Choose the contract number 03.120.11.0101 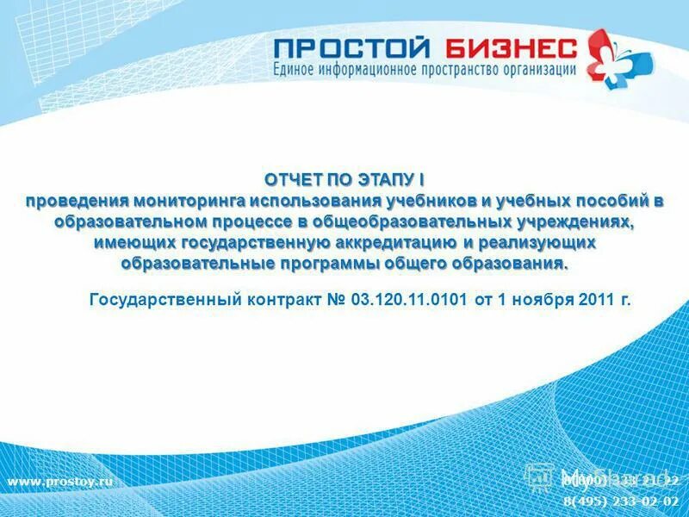click(409, 301)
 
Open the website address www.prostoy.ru click(60, 481)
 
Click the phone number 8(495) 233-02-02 click(621, 501)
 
